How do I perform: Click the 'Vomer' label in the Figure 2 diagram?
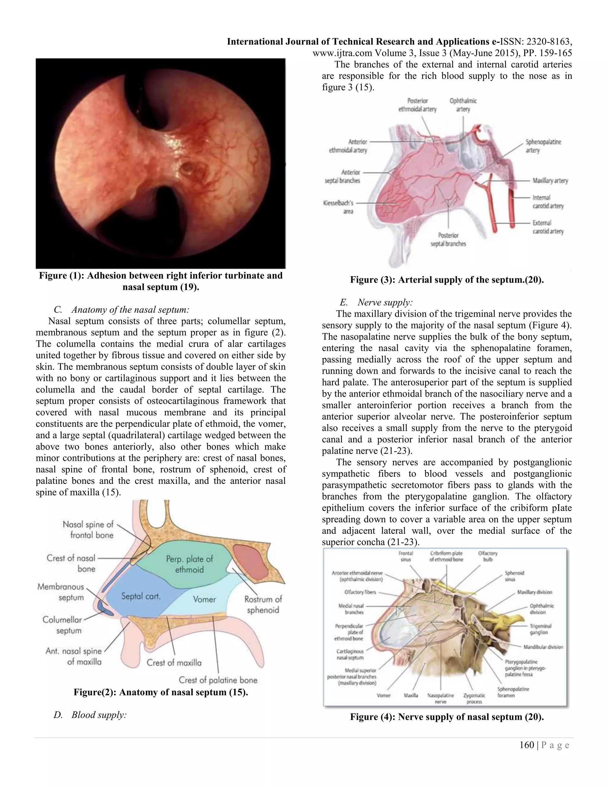(204, 599)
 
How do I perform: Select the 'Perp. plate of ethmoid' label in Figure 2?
(189, 564)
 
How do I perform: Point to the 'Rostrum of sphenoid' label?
(263, 604)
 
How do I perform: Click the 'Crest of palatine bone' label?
(218, 680)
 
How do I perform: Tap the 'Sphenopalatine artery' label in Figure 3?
(543, 146)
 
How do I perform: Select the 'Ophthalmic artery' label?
(463, 105)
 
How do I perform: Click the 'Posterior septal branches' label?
(448, 239)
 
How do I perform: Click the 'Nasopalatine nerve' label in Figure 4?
(440, 699)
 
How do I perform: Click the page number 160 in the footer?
(527, 745)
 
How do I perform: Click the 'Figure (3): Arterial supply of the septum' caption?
(446, 280)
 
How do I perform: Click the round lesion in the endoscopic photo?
(188, 168)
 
